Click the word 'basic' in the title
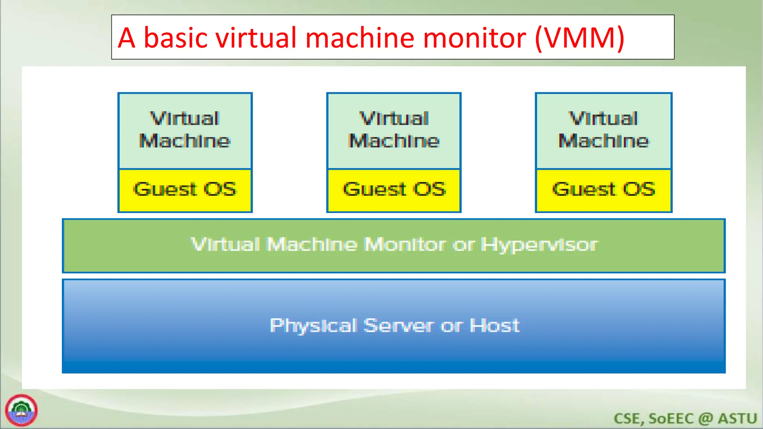pyautogui.click(x=175, y=38)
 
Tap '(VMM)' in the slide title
pyautogui.click(x=579, y=38)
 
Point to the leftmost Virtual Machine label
pyautogui.click(x=185, y=130)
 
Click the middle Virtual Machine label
pyautogui.click(x=394, y=130)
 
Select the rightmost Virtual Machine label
pyautogui.click(x=604, y=130)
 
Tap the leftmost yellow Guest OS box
pyautogui.click(x=185, y=190)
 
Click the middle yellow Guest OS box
pyautogui.click(x=394, y=190)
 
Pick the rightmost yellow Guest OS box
pyautogui.click(x=604, y=190)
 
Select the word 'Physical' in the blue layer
pyautogui.click(x=313, y=326)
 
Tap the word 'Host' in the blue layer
pyautogui.click(x=494, y=325)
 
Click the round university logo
pyautogui.click(x=21, y=410)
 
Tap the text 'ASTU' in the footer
pyautogui.click(x=737, y=419)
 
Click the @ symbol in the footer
pyautogui.click(x=705, y=419)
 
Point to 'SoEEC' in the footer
pyautogui.click(x=671, y=419)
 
